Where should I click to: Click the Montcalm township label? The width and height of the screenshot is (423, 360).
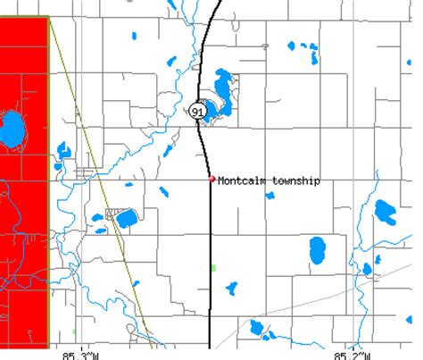coord(268,180)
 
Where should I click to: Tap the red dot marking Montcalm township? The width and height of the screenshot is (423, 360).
coord(211,179)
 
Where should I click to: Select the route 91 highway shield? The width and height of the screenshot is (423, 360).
coord(197,110)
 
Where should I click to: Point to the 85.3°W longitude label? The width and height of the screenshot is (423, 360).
coord(80,353)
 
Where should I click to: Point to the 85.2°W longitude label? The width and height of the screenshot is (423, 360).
coord(355,353)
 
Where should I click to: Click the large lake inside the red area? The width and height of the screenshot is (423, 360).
coord(12,130)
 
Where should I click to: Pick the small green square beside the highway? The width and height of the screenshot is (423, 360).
coord(213,266)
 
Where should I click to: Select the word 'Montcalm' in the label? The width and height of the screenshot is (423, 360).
coord(238,180)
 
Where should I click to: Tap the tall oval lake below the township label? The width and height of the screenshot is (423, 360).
coord(318,251)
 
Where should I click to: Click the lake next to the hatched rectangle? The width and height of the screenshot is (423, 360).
coord(128,218)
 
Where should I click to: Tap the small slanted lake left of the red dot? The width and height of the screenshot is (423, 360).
coord(165,191)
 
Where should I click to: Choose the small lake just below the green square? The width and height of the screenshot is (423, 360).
coord(232,289)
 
